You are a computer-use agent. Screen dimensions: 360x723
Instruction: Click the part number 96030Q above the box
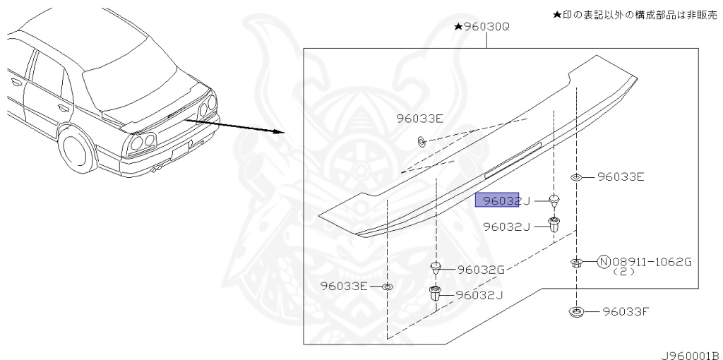(x=485, y=27)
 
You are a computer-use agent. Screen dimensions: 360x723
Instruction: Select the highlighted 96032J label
(x=498, y=200)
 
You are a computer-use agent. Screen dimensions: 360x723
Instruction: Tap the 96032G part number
(x=480, y=269)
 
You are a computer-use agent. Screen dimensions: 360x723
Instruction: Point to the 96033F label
(x=624, y=311)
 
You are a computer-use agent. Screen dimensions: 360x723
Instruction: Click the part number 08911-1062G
(x=651, y=262)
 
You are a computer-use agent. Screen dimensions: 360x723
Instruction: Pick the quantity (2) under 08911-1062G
(x=623, y=272)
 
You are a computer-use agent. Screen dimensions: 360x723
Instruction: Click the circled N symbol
(x=604, y=262)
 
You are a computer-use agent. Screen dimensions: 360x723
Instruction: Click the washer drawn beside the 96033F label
(x=576, y=311)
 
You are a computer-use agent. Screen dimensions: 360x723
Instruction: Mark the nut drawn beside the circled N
(x=577, y=263)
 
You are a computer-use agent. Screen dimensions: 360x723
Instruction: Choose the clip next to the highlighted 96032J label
(x=554, y=200)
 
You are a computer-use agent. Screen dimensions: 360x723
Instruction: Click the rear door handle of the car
(x=63, y=108)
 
